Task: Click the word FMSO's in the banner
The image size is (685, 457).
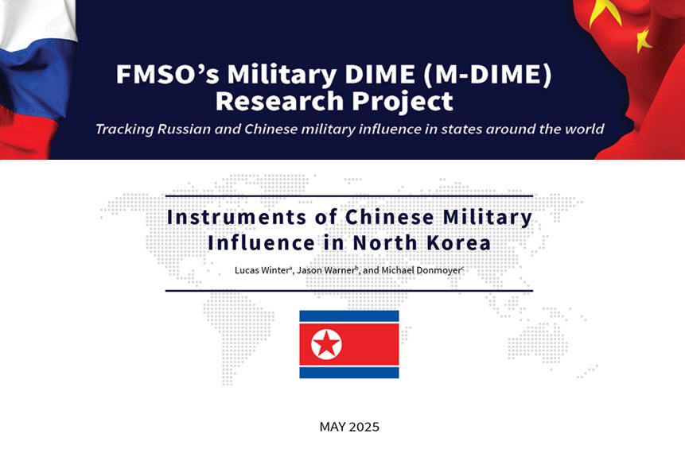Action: [167, 74]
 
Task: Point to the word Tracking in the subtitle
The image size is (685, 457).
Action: [124, 130]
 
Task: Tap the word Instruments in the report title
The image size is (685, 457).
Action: [237, 217]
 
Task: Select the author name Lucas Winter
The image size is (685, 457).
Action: [262, 270]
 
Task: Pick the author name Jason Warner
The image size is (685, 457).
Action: [326, 270]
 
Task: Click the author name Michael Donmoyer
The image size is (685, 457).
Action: [421, 270]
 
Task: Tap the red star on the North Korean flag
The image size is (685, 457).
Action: [326, 343]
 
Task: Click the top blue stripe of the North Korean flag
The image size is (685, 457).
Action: [349, 316]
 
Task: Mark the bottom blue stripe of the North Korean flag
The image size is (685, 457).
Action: [349, 372]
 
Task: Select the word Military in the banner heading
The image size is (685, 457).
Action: [282, 75]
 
